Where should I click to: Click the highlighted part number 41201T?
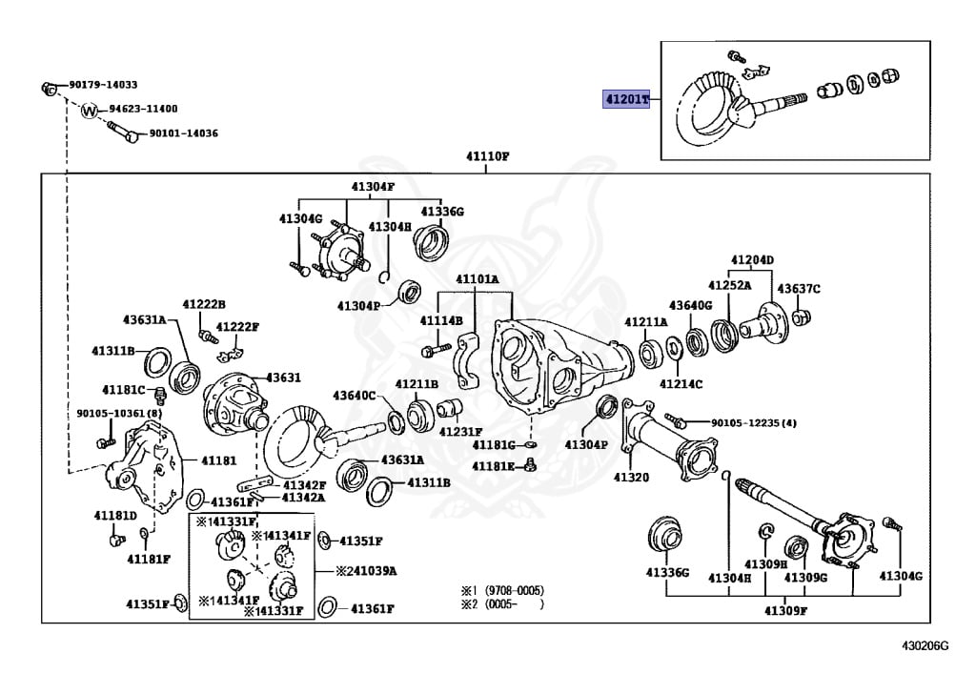(625, 99)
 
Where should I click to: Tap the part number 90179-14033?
(103, 85)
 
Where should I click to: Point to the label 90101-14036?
(183, 133)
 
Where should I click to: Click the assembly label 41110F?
(487, 155)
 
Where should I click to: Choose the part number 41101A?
(477, 279)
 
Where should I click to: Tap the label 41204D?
(752, 259)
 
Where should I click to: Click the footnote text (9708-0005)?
(513, 590)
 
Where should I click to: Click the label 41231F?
(460, 431)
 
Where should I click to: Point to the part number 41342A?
(303, 497)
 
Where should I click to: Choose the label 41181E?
(493, 465)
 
